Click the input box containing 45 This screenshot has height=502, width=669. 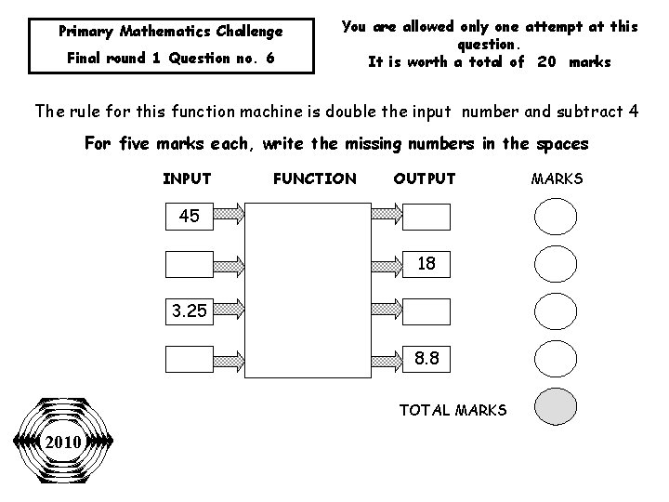189,217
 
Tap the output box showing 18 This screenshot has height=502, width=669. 426,264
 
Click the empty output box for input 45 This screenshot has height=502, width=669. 426,217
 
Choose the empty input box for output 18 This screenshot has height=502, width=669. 189,264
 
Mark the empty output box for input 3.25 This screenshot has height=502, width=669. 426,311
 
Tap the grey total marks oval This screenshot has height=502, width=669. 556,407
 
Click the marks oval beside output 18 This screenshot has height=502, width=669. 556,264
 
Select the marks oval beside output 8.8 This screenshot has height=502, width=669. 556,359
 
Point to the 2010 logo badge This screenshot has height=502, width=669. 62,441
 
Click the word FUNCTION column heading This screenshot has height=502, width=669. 315,178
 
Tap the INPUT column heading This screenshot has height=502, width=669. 187,178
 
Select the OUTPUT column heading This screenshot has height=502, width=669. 425,178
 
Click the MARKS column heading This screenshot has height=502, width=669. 557,178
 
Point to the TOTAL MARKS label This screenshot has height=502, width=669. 453,409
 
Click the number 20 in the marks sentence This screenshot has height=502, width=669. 547,62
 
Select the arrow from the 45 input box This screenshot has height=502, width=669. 227,217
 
